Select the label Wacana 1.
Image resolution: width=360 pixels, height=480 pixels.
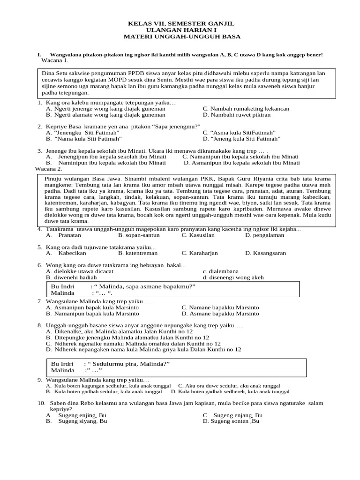[x=55, y=60]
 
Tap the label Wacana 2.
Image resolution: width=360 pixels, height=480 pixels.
[x=49, y=169]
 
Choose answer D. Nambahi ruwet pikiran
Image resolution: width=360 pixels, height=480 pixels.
[x=237, y=115]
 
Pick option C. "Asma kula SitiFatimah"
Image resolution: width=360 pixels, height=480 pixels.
[x=239, y=133]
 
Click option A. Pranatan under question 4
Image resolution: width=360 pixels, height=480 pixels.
[x=63, y=235]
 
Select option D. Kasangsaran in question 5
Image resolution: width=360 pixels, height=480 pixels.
[x=265, y=253]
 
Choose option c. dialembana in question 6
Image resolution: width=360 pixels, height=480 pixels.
[x=221, y=271]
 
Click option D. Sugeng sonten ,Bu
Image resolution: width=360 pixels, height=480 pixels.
[x=231, y=421]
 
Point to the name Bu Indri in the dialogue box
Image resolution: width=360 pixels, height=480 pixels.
[x=63, y=286]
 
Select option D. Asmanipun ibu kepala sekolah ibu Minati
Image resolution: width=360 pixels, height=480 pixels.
[x=241, y=163]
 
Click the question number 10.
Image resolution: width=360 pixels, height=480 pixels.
[x=40, y=403]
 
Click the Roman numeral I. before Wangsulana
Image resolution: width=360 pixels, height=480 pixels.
[x=39, y=55]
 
